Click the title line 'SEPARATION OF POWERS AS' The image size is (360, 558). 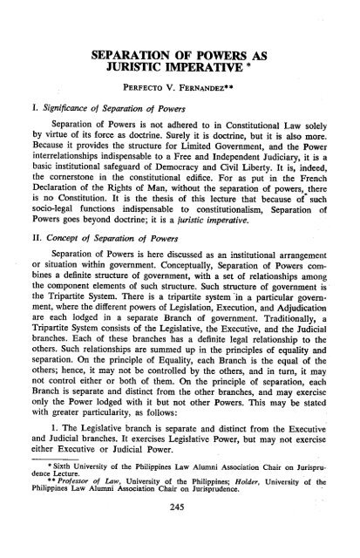(180, 58)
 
